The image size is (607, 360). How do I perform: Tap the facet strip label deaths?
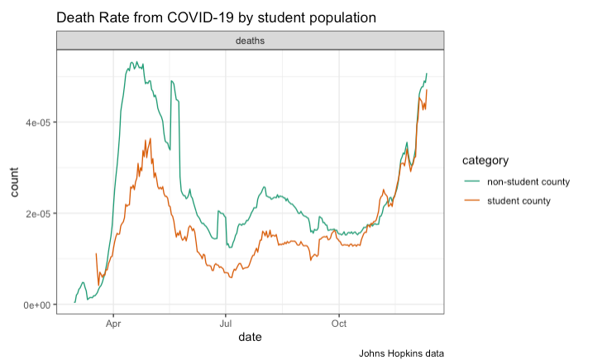coord(250,40)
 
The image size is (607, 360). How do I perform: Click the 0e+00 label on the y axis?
coord(37,305)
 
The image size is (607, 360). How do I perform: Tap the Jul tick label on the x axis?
coord(226,324)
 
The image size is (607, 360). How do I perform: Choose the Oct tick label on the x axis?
coord(338,324)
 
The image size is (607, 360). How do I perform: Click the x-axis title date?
coord(250,338)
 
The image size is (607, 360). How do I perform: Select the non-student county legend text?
coord(528,181)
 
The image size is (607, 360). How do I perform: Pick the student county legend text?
coord(519,200)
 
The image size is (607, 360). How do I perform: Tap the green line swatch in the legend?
coord(471,181)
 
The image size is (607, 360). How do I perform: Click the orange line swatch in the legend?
coord(471,200)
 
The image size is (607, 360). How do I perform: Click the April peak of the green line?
coord(132,62)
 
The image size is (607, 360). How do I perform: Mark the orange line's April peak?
coord(149,139)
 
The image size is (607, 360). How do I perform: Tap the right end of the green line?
coord(427,74)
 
